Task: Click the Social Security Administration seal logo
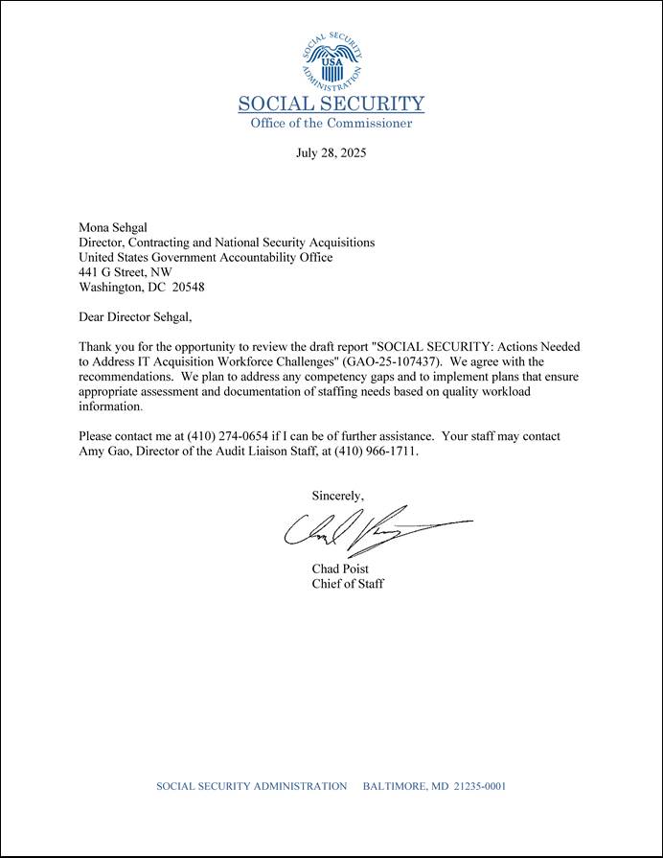click(331, 59)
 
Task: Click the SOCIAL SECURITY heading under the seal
click(331, 104)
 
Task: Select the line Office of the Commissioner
click(331, 124)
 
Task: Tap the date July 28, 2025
click(331, 152)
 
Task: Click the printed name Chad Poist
click(340, 568)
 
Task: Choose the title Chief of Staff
click(348, 584)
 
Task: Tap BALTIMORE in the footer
click(396, 786)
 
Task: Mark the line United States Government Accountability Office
click(205, 257)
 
